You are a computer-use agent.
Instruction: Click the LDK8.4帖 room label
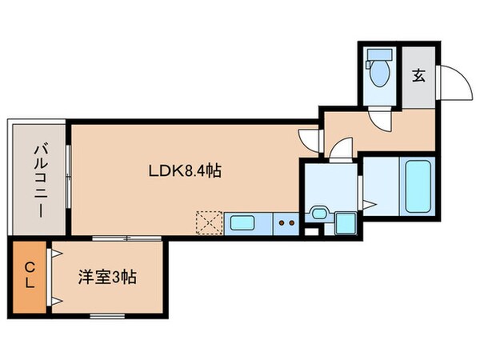coord(184,170)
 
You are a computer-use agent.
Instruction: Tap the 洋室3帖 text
coord(106,278)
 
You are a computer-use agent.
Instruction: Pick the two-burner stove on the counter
coord(286,222)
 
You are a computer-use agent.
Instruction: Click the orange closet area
coord(28,276)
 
